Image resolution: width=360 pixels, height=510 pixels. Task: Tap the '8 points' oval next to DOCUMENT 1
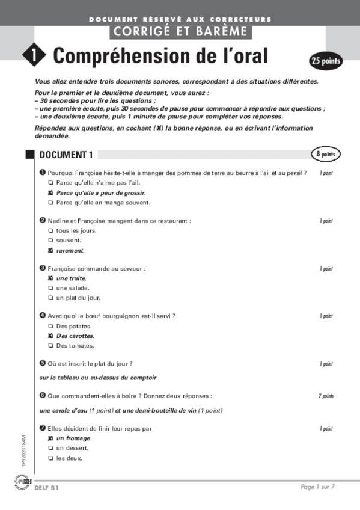point(326,155)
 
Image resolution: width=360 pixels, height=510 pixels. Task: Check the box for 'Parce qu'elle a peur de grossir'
point(50,193)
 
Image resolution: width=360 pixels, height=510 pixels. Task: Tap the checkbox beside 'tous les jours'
point(50,231)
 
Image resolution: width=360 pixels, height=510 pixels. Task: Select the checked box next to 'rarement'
point(50,250)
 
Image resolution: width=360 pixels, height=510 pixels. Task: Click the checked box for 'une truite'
point(50,278)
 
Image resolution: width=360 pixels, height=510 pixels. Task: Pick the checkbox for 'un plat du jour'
point(50,298)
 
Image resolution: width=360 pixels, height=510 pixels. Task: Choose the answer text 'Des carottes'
point(75,336)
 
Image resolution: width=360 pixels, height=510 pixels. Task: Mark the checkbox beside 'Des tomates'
point(50,346)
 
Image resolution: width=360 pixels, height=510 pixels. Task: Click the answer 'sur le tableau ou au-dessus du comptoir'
point(98,378)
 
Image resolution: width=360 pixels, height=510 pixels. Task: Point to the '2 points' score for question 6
point(326,396)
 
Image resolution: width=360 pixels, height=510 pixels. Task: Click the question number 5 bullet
point(43,363)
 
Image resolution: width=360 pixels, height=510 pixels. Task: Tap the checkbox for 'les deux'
point(50,458)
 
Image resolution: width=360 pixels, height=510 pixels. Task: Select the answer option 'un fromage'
point(74,438)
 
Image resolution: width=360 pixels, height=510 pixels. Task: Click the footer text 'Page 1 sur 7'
point(317,487)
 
